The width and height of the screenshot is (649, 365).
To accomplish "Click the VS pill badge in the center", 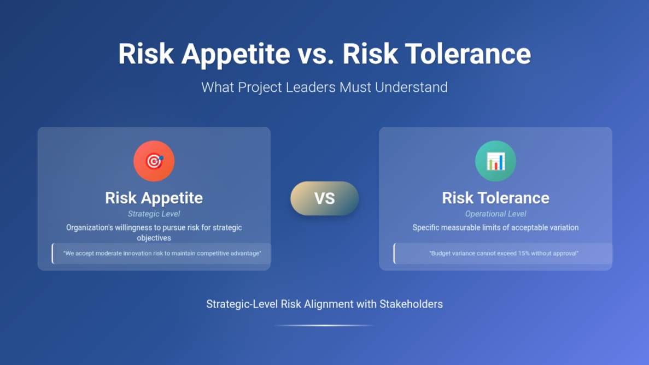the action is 325,198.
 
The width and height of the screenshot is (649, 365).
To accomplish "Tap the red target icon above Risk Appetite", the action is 154,161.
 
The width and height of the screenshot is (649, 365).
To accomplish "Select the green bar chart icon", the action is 495,161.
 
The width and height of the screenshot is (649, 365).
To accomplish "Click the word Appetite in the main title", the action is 236,54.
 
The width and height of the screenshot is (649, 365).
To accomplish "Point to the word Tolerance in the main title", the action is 467,54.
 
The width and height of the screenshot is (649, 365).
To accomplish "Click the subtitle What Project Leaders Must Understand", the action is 325,87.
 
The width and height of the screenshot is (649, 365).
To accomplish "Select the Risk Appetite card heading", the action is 154,198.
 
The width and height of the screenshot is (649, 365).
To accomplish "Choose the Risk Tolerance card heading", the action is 495,198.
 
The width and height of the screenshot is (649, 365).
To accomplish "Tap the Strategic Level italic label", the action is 154,214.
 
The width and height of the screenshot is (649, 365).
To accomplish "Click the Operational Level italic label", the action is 495,214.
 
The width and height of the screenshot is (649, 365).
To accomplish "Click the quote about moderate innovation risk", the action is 162,254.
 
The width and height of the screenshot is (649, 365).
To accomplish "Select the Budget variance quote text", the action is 504,254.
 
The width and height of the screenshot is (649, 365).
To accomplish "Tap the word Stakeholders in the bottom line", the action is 411,304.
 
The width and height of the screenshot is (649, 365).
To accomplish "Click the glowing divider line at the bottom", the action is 325,325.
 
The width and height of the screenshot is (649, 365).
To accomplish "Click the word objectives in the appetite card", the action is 154,238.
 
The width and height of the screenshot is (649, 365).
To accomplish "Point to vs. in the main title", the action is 316,54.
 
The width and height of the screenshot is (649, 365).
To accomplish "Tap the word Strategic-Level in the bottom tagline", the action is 242,304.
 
